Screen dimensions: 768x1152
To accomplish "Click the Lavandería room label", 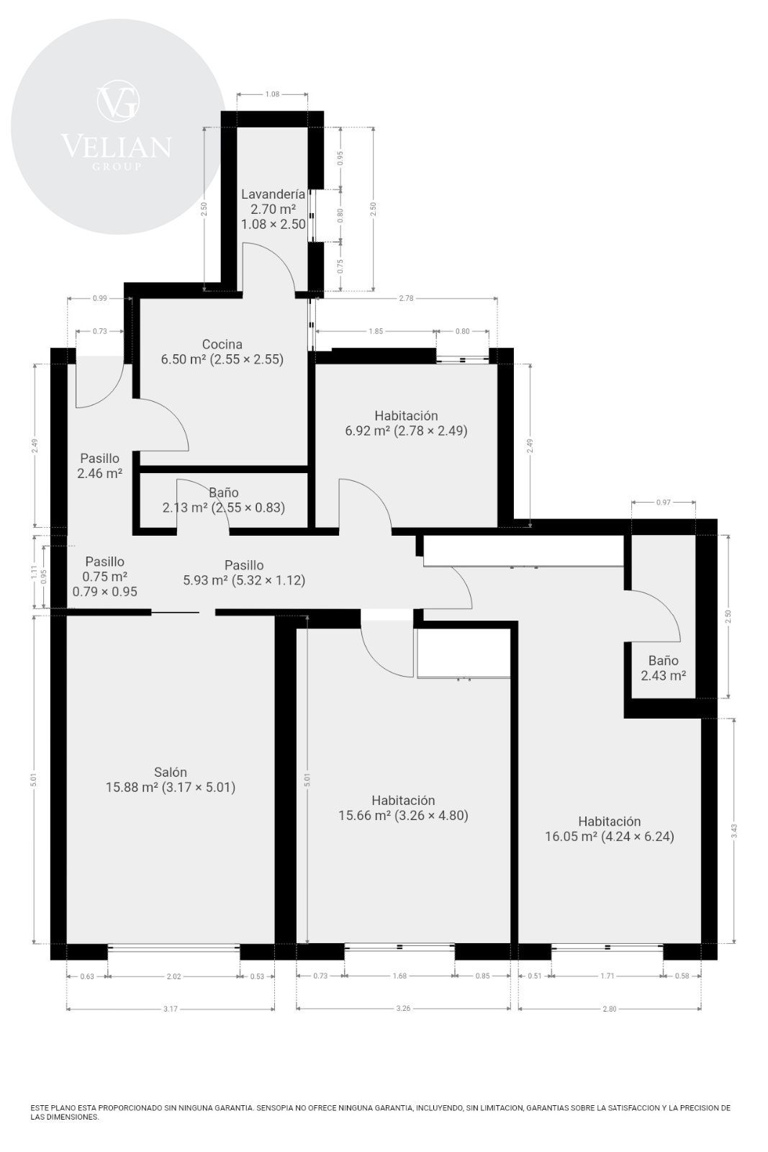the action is pyautogui.click(x=273, y=194).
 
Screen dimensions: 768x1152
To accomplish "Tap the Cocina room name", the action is pyautogui.click(x=222, y=344).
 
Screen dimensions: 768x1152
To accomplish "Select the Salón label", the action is pyautogui.click(x=170, y=772).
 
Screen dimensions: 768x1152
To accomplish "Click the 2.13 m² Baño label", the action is pyautogui.click(x=224, y=500).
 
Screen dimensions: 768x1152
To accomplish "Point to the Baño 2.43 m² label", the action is pyautogui.click(x=663, y=668).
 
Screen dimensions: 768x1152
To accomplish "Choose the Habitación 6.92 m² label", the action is pyautogui.click(x=406, y=423).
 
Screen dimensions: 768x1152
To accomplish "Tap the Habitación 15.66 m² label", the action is pyautogui.click(x=404, y=807).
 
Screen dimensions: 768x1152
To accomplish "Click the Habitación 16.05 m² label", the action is pyautogui.click(x=610, y=829).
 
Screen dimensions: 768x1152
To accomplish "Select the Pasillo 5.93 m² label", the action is pyautogui.click(x=244, y=573).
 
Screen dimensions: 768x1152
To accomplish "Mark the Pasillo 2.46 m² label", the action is pyautogui.click(x=100, y=466).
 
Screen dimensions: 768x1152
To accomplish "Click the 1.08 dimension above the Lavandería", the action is pyautogui.click(x=272, y=94).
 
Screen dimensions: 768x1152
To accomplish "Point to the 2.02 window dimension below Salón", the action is pyautogui.click(x=173, y=976).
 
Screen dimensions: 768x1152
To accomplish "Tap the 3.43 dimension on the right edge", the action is pyautogui.click(x=733, y=831).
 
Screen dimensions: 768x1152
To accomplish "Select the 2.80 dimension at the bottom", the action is pyautogui.click(x=609, y=1009).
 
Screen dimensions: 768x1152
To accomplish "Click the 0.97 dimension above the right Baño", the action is pyautogui.click(x=663, y=503).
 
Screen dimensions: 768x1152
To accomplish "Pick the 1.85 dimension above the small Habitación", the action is pyautogui.click(x=376, y=331).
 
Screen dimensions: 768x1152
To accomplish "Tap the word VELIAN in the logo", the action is pyautogui.click(x=116, y=146).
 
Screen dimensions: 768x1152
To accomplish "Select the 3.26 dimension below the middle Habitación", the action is pyautogui.click(x=404, y=1009).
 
